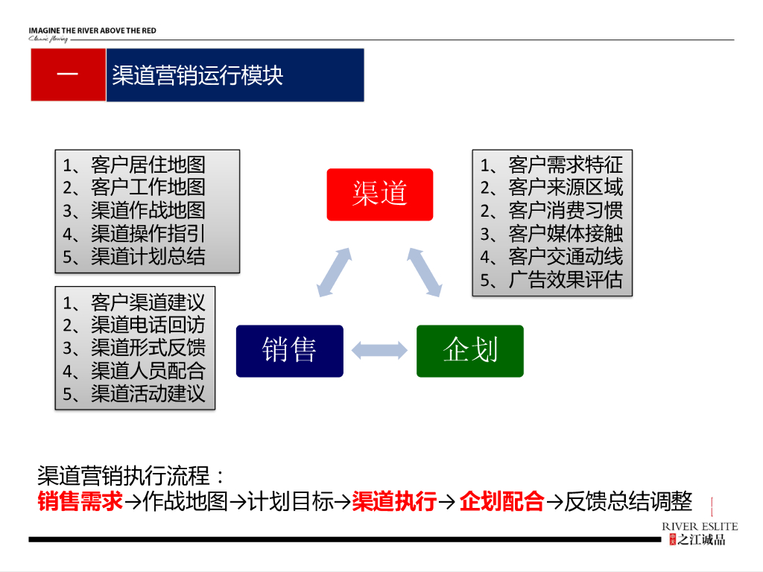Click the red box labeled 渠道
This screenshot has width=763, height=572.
379,194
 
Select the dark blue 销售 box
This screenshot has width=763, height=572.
289,350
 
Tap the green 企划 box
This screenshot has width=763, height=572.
469,350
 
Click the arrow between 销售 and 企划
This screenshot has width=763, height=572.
380,350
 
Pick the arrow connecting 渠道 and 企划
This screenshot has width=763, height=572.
426,272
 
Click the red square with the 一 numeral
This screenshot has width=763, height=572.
68,75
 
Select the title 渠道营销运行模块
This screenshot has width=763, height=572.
197,75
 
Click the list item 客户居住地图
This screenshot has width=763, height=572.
148,165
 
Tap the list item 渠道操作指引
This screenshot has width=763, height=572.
148,234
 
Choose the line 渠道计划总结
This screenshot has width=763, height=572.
148,257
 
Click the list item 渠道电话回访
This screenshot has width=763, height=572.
148,325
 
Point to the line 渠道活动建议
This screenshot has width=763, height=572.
148,393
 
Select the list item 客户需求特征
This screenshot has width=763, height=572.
565,165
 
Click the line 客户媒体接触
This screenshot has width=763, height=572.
565,234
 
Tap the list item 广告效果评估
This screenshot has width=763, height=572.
565,280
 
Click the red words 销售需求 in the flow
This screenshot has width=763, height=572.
80,502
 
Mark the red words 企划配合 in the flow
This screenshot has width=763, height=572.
501,502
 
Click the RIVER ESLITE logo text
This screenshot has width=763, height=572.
700,527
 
